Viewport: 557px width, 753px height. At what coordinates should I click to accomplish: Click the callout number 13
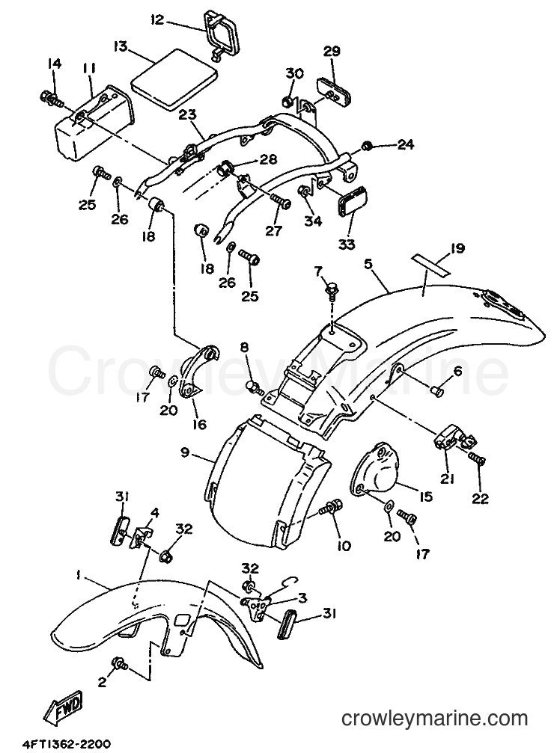121,46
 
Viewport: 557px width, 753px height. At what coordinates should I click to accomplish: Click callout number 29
332,51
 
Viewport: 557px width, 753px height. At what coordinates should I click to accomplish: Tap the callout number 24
406,144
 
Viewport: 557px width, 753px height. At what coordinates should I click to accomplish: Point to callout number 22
480,499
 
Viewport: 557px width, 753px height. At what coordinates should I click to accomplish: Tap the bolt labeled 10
332,508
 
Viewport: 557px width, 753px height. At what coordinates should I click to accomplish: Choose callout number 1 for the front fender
77,574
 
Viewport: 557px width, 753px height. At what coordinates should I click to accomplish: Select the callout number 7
318,271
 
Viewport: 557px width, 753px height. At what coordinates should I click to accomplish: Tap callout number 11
88,69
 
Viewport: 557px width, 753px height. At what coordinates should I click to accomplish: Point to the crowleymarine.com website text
434,718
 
